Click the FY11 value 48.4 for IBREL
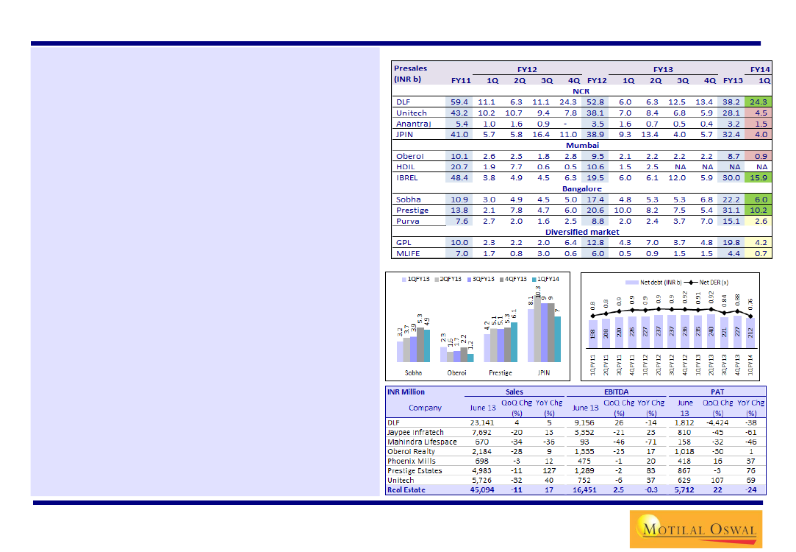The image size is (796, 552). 459,177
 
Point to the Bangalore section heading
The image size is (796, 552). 581,188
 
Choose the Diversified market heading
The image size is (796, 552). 581,232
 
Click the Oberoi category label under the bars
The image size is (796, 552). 456,372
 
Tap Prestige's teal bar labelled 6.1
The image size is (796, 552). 513,342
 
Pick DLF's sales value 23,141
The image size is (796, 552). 482,422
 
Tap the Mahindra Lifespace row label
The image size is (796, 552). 422,442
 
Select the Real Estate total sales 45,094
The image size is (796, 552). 482,489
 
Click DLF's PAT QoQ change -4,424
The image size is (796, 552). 719,422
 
